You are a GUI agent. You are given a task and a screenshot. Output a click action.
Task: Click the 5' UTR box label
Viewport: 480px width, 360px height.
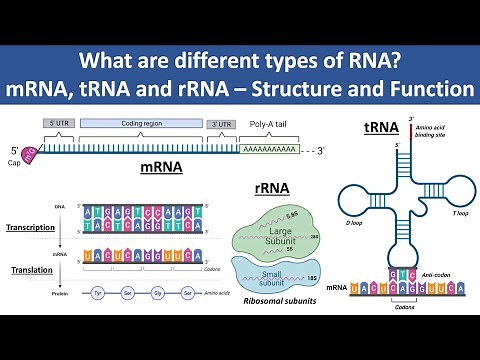pos(58,122)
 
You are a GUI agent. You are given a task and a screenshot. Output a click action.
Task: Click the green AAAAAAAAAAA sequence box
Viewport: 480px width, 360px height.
pos(270,148)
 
